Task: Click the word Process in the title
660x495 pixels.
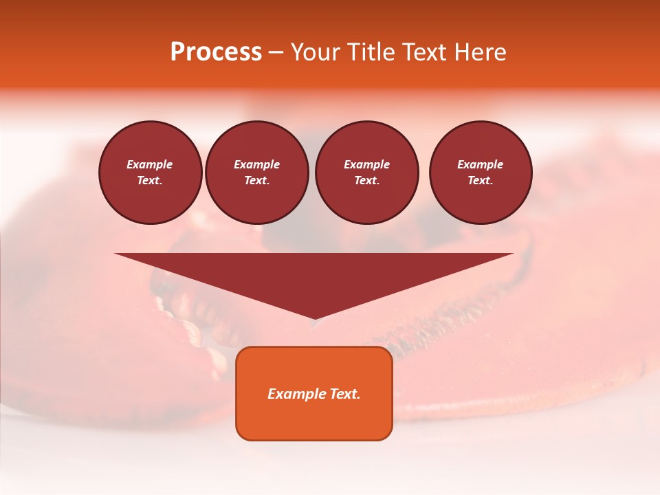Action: [216, 52]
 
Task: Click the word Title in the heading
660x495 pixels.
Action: [371, 52]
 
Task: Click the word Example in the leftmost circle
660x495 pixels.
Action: [150, 164]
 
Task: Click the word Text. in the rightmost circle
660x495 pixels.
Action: [481, 181]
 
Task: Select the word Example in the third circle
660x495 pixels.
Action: [366, 164]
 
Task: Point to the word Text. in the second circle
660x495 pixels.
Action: [256, 181]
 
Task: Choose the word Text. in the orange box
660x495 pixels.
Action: [344, 394]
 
